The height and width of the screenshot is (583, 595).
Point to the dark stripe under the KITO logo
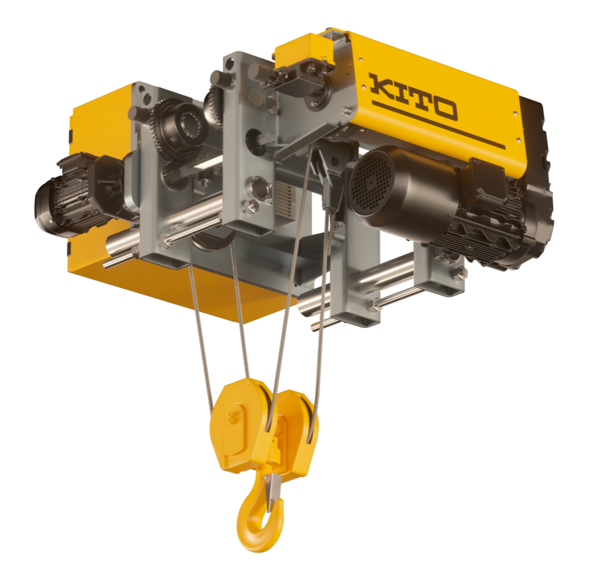[438, 125]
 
